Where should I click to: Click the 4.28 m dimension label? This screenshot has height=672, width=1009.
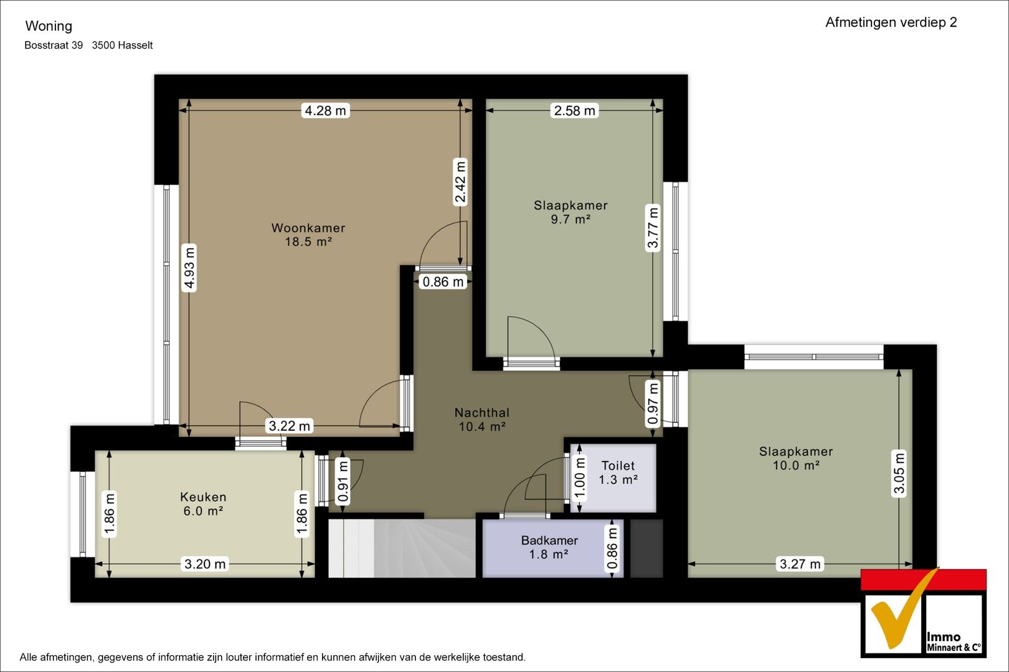click(x=325, y=110)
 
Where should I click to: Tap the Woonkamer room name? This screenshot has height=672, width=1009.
click(x=308, y=228)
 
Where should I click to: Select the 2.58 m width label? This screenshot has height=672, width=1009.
click(x=574, y=110)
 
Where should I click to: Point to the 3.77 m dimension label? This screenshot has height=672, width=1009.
click(x=653, y=227)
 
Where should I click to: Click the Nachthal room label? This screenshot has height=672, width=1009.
click(x=482, y=413)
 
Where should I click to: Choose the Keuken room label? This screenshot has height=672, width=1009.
click(x=203, y=497)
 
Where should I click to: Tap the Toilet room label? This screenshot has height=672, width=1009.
click(x=618, y=465)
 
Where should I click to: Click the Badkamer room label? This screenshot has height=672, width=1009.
click(x=549, y=540)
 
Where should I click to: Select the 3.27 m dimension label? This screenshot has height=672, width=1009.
click(x=800, y=564)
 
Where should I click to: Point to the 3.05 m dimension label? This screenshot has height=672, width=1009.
click(x=899, y=473)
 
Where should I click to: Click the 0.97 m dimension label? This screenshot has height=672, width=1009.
click(x=653, y=403)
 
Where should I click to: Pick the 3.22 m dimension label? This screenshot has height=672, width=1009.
click(x=289, y=426)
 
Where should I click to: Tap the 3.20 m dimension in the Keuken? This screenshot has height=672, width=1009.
click(x=205, y=564)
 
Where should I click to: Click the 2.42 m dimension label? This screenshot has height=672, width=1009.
click(x=460, y=182)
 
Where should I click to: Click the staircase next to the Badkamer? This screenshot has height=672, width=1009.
click(x=402, y=548)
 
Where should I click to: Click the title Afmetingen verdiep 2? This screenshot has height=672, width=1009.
click(x=891, y=22)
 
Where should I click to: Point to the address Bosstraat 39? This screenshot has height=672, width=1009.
click(x=54, y=45)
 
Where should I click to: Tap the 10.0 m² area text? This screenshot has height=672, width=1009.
click(x=796, y=465)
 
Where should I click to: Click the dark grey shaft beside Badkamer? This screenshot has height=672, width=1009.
click(x=647, y=548)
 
